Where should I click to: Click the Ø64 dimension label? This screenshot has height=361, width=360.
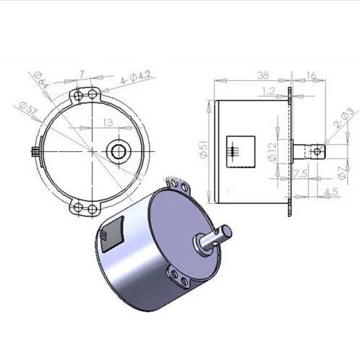[x=41, y=80]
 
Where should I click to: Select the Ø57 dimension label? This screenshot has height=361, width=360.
[x=29, y=109]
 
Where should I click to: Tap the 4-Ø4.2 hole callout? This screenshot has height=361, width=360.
[x=135, y=77]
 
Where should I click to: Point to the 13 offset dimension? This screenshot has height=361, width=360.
[x=108, y=122]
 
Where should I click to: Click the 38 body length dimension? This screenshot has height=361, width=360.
[x=262, y=75]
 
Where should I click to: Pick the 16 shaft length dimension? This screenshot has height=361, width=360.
[x=311, y=75]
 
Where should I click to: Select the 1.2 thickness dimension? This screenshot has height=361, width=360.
[x=268, y=91]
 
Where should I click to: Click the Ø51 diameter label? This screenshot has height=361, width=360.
[x=204, y=149]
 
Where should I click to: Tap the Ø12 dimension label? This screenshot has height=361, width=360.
[x=272, y=152]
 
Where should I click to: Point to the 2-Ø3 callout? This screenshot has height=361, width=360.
[x=343, y=117]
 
